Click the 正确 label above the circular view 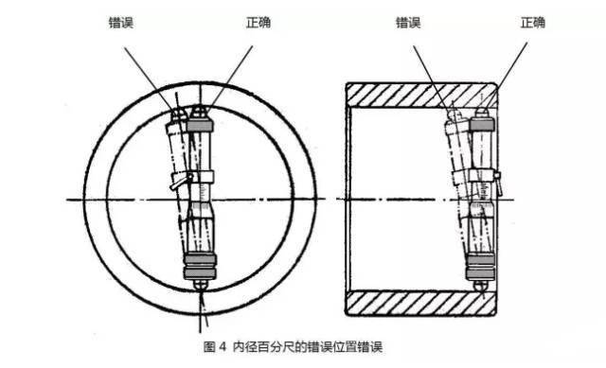257,22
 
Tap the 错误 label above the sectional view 408,22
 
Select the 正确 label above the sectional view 531,22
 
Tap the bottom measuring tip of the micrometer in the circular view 200,281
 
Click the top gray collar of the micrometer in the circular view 198,125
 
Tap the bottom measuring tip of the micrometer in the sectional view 482,281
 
